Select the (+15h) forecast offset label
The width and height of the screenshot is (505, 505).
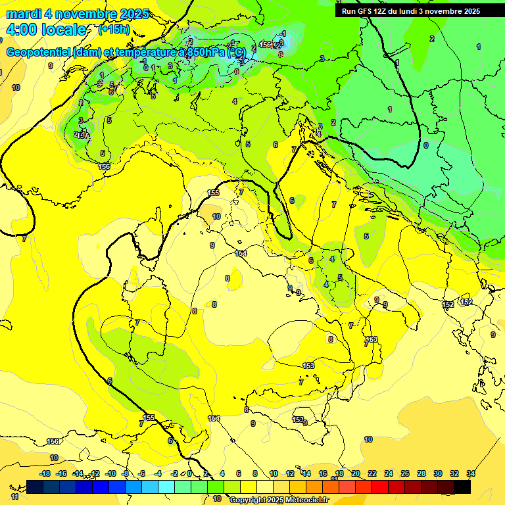[x=113, y=30]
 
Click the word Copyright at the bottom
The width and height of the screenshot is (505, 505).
[x=249, y=500]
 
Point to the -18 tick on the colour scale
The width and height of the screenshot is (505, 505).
[x=45, y=473]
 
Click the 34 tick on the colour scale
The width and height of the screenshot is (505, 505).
[x=471, y=473]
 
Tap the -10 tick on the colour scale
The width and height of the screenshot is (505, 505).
[x=110, y=473]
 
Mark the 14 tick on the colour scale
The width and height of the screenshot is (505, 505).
[x=306, y=473]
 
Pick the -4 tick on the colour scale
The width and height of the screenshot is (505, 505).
[x=158, y=473]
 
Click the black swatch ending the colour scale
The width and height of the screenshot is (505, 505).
[x=462, y=487]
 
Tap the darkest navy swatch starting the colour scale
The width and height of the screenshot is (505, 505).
[x=36, y=487]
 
